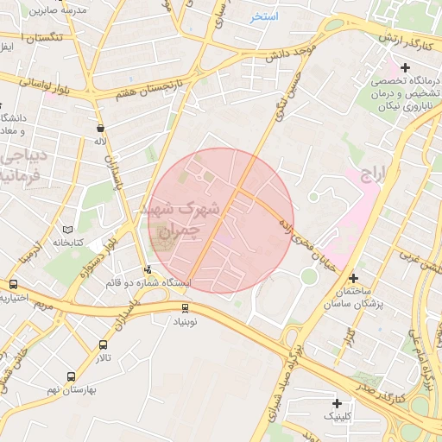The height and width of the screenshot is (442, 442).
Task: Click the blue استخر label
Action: point(264,16)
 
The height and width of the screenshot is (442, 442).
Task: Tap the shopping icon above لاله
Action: point(101,128)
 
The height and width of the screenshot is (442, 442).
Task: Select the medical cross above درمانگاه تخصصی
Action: point(405,67)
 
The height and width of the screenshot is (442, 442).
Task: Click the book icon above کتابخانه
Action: point(68,230)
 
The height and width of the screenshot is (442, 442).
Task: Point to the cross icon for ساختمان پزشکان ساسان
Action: point(353,278)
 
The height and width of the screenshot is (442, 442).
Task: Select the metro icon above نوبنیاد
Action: point(184,307)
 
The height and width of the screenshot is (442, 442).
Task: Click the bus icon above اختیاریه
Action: point(13,285)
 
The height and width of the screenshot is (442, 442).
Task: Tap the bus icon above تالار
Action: point(103,344)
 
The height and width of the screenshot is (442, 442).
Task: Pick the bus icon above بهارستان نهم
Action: point(71,376)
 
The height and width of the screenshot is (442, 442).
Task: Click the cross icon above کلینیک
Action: point(338,403)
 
